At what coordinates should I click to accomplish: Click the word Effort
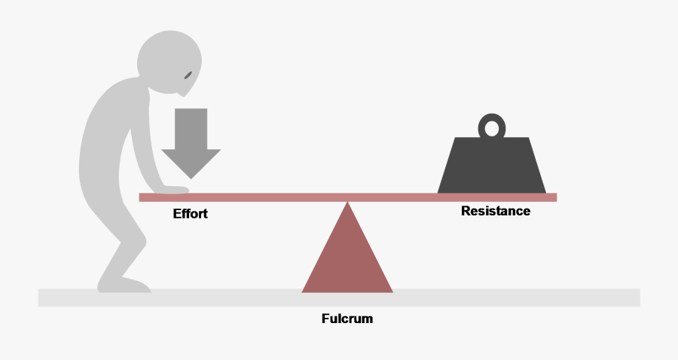(x=191, y=213)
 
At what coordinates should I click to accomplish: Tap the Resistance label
(x=496, y=211)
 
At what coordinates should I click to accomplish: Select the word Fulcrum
(x=347, y=319)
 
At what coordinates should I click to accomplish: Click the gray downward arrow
(x=191, y=142)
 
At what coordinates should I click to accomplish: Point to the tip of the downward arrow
(x=191, y=179)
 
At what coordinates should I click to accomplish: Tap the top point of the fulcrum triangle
(x=347, y=202)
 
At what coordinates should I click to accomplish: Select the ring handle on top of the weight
(x=492, y=119)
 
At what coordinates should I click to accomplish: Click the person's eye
(x=188, y=75)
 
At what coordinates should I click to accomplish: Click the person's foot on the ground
(x=124, y=285)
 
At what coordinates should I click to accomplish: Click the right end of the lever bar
(x=557, y=197)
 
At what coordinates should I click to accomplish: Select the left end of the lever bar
(x=139, y=197)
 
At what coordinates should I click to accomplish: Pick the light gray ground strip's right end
(x=640, y=297)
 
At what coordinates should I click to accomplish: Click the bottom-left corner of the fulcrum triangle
(x=301, y=292)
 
